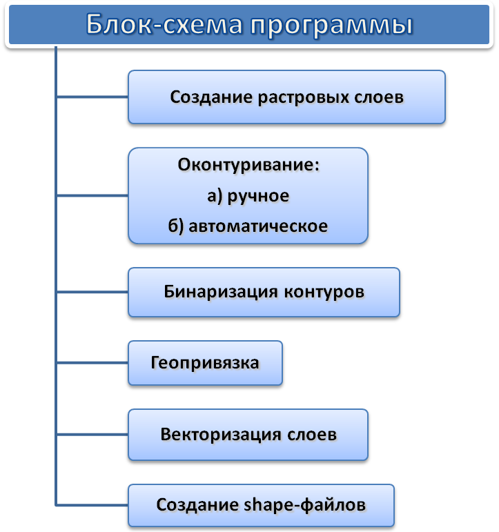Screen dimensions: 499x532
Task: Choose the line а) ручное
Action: [x=248, y=196]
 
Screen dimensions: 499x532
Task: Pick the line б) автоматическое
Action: [x=248, y=226]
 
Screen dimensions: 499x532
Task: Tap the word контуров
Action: [x=324, y=291]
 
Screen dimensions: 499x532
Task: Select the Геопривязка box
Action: [x=205, y=362]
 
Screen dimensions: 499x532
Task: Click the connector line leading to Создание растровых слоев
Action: [x=92, y=97]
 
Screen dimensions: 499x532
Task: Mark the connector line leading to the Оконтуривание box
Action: [x=92, y=195]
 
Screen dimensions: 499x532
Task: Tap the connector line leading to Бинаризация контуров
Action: [x=92, y=292]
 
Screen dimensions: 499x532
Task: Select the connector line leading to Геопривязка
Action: [x=92, y=362]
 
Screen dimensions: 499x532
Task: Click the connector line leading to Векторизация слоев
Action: [x=92, y=435]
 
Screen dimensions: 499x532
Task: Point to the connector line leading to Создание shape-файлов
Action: [x=92, y=506]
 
